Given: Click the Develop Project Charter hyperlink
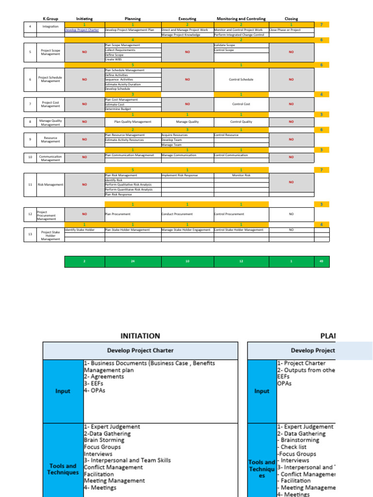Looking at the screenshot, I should coord(82,30).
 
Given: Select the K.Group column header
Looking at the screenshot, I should coord(50,19).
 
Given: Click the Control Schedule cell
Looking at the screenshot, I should coord(241,79).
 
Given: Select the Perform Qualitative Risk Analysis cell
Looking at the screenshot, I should coord(129,185).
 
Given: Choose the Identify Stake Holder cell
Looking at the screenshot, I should coord(80,230).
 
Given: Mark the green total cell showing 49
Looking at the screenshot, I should coord(322,261).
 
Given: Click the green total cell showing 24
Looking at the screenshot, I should coord(133,261).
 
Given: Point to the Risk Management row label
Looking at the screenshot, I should coord(51,184).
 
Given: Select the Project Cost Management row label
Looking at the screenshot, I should coord(51,104).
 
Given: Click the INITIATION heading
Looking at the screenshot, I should coord(140,335).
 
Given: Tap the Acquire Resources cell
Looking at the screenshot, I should coord(175,135).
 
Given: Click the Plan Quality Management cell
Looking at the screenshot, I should coord(133,122).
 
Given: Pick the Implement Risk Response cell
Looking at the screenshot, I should coord(179,175).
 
